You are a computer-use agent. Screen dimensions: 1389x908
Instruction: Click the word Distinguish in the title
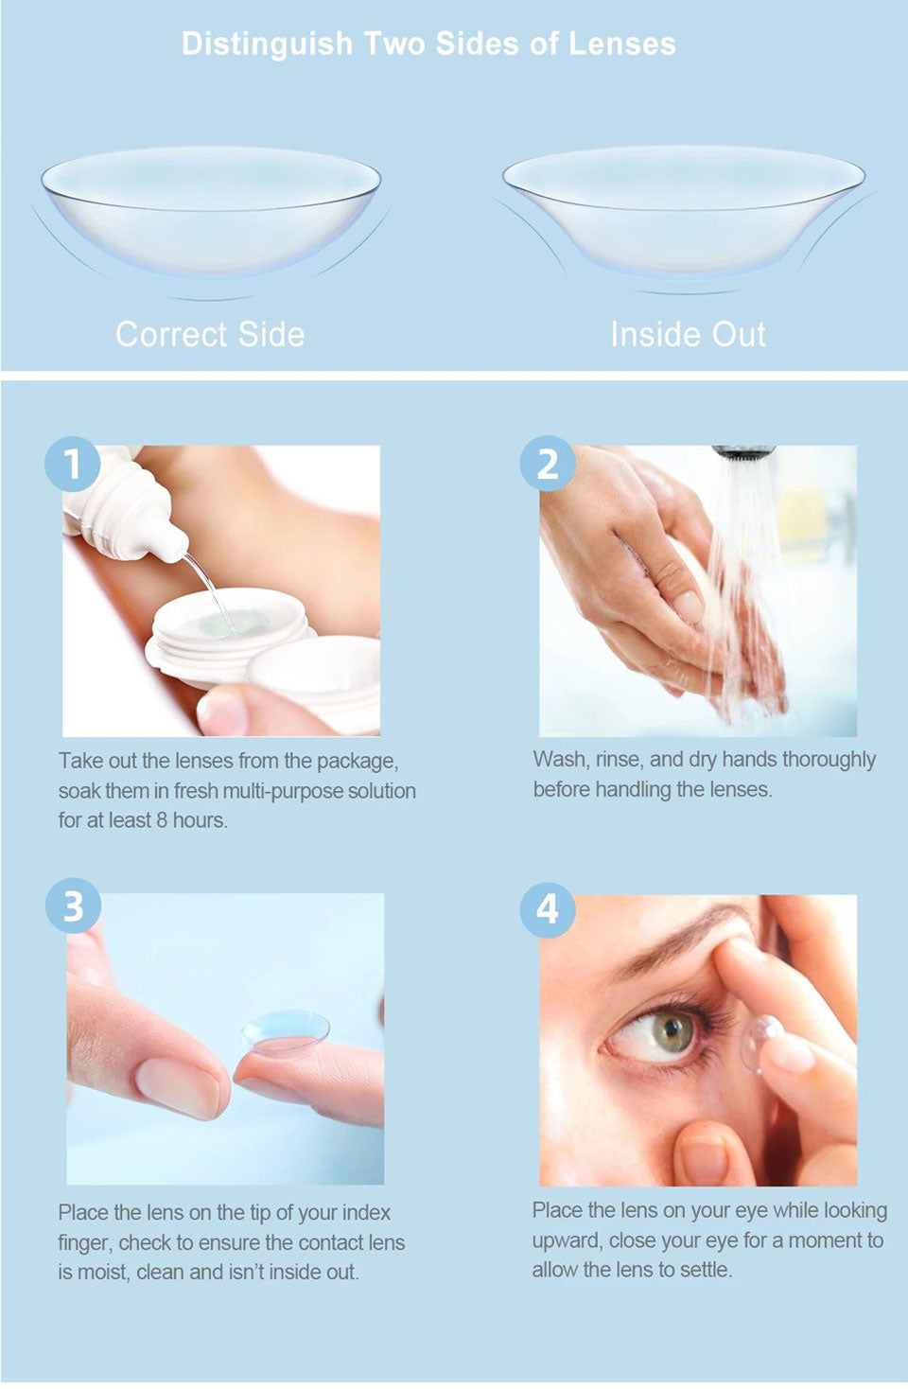(x=267, y=44)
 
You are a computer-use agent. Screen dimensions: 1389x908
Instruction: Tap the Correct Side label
(x=210, y=334)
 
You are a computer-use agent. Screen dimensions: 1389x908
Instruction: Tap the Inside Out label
(x=688, y=334)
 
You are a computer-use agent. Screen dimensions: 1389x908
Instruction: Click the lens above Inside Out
(x=683, y=208)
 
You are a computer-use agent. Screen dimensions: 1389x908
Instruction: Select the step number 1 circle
(x=72, y=464)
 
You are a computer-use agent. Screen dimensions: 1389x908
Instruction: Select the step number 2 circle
(x=548, y=464)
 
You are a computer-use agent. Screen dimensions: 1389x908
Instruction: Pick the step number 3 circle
(x=73, y=906)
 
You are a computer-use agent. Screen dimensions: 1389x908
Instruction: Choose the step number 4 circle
(x=548, y=909)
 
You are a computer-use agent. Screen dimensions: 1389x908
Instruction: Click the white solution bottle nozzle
(x=170, y=545)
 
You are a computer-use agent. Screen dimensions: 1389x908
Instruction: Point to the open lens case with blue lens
(x=232, y=624)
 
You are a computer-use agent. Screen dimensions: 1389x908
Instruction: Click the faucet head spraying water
(x=743, y=452)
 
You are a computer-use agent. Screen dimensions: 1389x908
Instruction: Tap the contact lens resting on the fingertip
(x=285, y=1032)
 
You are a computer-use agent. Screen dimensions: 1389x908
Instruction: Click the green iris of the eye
(x=672, y=1031)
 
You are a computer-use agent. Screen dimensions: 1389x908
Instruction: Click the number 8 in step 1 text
(x=162, y=820)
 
